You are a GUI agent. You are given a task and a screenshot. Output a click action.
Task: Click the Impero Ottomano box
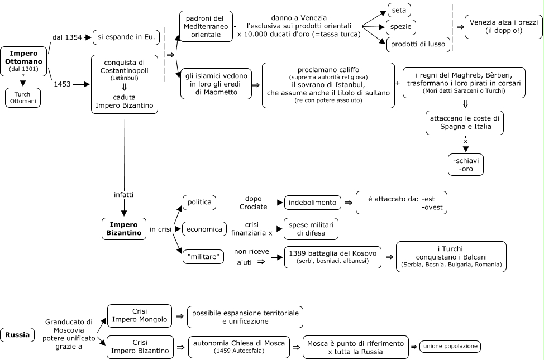tap(23, 61)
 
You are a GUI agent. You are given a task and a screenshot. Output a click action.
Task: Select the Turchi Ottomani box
tap(23, 98)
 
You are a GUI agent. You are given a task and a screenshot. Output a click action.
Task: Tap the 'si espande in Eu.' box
tap(126, 37)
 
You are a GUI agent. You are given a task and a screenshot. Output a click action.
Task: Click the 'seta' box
tap(399, 11)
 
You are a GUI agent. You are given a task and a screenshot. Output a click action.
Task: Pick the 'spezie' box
tap(400, 27)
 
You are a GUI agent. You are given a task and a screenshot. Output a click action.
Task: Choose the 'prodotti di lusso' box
tap(418, 45)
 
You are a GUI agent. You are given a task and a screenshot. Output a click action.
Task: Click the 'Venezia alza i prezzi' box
tap(503, 27)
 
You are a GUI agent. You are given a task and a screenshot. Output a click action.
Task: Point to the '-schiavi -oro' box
tap(466, 165)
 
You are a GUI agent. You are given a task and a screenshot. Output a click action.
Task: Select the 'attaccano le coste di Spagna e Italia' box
tap(465, 123)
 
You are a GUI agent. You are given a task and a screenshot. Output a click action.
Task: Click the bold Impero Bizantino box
tap(124, 229)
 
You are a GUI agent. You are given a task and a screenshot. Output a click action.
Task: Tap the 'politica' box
tap(199, 203)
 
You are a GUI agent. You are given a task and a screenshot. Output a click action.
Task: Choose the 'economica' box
tap(204, 229)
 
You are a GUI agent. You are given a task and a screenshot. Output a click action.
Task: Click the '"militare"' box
tap(203, 257)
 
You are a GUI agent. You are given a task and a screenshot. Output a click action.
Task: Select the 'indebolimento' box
tap(313, 203)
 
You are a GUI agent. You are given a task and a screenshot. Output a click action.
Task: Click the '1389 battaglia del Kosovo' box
tap(333, 257)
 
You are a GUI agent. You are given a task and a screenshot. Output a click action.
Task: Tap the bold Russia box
tap(17, 335)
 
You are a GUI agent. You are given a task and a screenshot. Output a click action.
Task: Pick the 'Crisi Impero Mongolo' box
tap(140, 316)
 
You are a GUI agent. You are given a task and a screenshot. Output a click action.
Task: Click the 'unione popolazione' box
tap(450, 347)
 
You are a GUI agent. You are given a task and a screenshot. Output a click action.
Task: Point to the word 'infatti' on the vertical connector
tap(123, 195)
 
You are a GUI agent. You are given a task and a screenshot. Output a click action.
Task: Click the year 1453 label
tap(62, 84)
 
